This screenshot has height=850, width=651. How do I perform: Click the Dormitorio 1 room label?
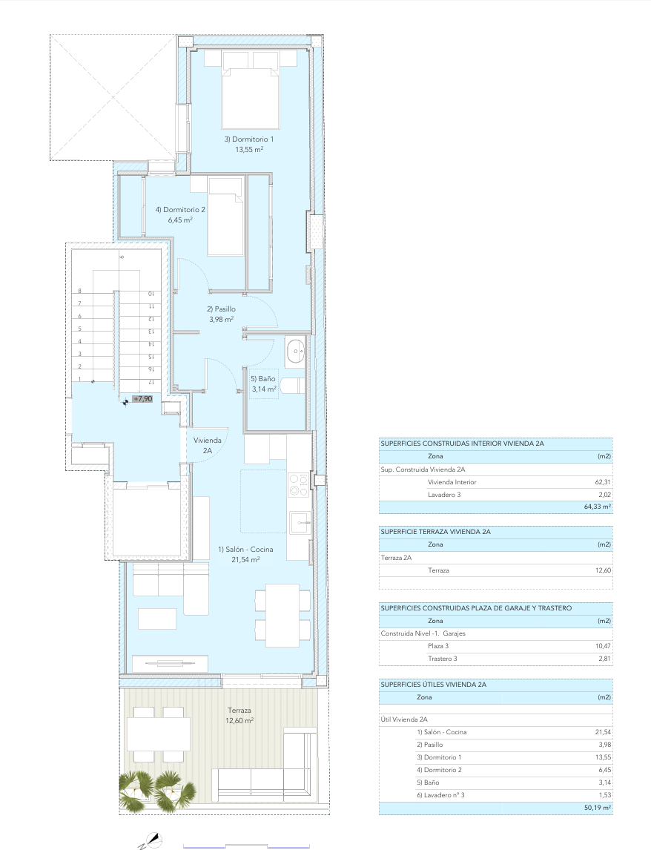[249, 139]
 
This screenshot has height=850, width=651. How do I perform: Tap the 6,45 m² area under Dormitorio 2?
[180, 220]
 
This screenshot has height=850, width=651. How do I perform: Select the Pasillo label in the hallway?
[221, 309]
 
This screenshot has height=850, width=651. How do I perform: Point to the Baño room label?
[263, 379]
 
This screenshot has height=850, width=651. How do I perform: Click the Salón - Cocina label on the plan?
[245, 549]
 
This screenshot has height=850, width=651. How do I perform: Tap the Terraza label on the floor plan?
[239, 710]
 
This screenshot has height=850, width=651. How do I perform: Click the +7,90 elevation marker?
[142, 399]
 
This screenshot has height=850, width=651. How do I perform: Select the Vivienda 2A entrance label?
[207, 445]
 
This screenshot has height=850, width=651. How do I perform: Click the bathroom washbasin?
[295, 352]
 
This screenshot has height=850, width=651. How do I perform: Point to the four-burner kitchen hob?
[298, 485]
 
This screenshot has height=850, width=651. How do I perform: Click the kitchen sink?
[300, 523]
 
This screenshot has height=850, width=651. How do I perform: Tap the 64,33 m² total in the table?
[598, 507]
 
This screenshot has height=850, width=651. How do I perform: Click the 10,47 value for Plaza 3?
[603, 646]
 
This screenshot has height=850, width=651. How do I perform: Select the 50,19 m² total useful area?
[598, 808]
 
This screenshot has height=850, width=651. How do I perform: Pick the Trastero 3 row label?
[443, 659]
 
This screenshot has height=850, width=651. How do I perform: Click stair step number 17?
[151, 382]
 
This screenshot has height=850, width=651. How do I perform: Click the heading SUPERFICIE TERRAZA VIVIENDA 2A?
[435, 532]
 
